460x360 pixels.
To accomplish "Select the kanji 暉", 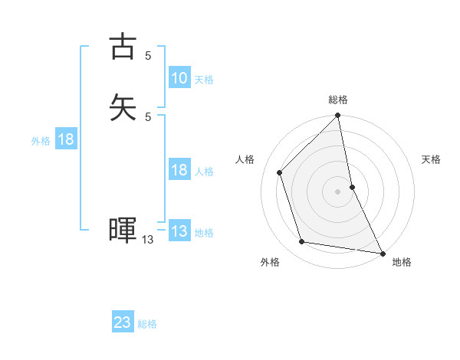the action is (x=123, y=230).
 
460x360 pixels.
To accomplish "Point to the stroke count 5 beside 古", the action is (x=148, y=55).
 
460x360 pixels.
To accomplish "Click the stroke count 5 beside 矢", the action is (x=148, y=116).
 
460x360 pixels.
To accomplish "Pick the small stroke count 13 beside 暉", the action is (x=148, y=240).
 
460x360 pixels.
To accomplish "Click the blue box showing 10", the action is (x=179, y=78).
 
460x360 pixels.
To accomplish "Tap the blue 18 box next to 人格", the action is (x=179, y=170).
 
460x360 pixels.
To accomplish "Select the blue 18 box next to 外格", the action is (x=65, y=139).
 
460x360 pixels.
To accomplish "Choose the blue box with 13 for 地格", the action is (x=179, y=231).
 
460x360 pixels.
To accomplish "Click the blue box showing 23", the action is (x=123, y=322).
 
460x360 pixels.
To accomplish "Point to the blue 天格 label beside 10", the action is (x=204, y=79).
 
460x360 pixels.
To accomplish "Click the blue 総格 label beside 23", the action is (x=148, y=323).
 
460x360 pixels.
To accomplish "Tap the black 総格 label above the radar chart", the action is (x=338, y=100).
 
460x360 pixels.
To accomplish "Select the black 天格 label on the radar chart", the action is (x=431, y=159).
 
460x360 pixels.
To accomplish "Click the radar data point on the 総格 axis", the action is (x=338, y=116).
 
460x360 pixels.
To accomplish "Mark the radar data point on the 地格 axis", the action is (x=382, y=252).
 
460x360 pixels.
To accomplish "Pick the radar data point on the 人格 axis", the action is (x=280, y=172).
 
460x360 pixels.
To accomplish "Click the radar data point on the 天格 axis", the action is (x=353, y=187).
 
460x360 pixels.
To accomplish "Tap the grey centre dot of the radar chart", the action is (x=338, y=191).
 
